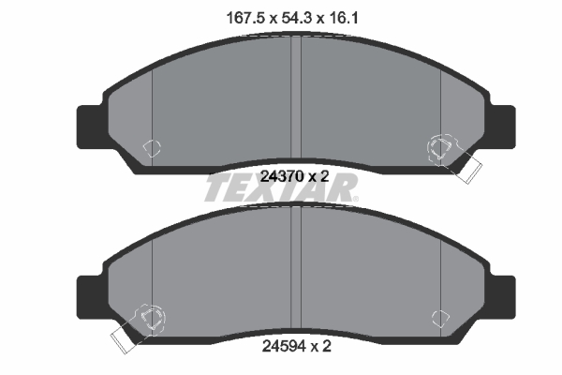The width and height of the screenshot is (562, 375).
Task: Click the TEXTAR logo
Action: (281, 190)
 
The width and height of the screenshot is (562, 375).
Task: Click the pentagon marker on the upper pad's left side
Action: (151, 147)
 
